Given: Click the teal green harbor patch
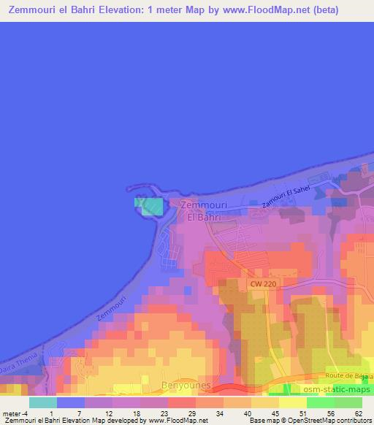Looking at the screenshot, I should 151,206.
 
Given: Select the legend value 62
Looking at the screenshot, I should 358,413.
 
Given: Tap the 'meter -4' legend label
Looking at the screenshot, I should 15,413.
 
